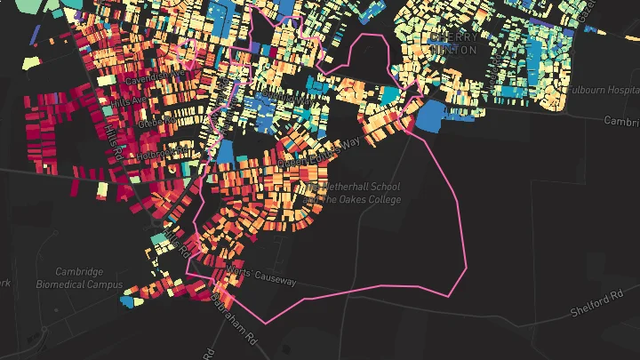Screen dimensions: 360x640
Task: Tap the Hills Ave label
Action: [127, 103]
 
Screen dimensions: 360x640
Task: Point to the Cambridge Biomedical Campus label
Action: [79, 278]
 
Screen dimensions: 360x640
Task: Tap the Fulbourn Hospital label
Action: [604, 90]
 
